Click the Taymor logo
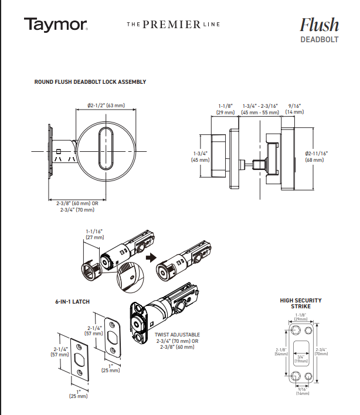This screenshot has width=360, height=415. coord(56,25)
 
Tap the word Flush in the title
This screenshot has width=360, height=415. coord(319,25)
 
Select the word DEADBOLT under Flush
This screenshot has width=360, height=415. coord(320,40)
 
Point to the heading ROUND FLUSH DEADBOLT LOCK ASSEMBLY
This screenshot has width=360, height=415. coord(90,82)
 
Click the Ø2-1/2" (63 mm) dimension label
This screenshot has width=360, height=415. coord(106,106)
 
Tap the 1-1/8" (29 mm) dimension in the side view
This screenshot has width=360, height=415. coord(225,108)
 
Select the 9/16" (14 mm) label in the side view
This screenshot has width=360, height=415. coord(294,108)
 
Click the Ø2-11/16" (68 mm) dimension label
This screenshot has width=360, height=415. coord(316,157)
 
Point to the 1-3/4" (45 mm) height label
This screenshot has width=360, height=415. coord(201,157)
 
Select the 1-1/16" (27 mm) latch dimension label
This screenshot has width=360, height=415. coord(94,235)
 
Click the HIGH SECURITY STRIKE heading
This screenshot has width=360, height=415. coord(301,304)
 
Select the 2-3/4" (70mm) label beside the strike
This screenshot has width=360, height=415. coord(321,351)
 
